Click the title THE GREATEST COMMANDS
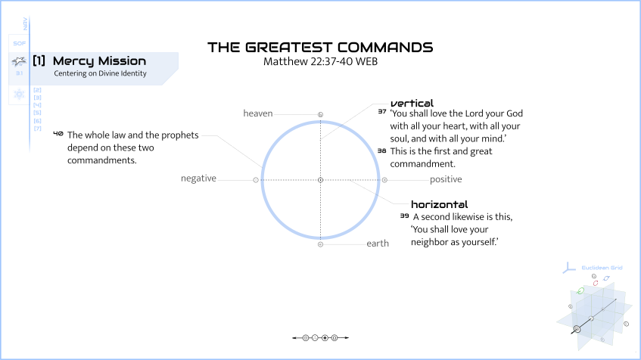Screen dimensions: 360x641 coord(320,47)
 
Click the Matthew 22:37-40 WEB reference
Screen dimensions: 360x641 coord(320,61)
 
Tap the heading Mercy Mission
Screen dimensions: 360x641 coord(99,61)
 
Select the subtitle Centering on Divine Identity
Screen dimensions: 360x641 coord(100,74)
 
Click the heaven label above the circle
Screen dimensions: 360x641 coord(257,113)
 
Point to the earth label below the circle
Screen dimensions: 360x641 coord(378,244)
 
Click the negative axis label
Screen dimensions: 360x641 coord(198,178)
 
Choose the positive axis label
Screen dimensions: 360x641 coord(446,179)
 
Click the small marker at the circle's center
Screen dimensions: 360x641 coord(320,180)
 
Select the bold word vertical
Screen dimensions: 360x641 coord(412,102)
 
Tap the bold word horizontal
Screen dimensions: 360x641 coord(439,204)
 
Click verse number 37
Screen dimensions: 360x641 coord(381,111)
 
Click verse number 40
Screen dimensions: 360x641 coord(58,133)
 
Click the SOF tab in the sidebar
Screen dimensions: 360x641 coord(20,43)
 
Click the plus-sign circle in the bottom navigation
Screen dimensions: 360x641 coord(325,337)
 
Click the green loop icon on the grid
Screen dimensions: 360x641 coord(580,290)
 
